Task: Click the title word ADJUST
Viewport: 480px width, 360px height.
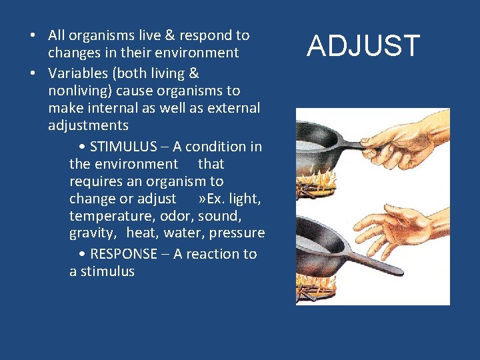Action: coord(363,47)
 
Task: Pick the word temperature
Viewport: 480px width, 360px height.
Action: coord(108,215)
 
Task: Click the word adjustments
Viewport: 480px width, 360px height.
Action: coord(88,125)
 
